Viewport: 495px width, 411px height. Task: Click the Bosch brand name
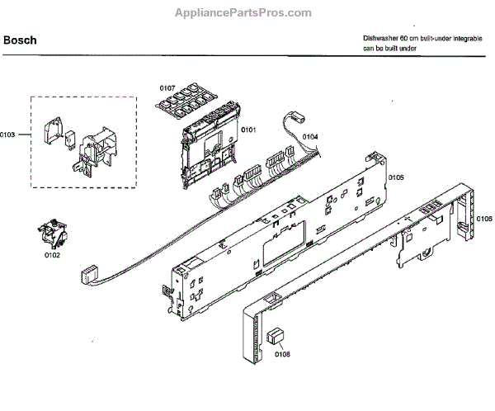click(19, 40)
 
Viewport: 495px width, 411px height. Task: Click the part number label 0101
click(248, 130)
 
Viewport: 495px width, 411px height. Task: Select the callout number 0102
click(52, 255)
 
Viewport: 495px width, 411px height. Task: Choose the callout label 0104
click(309, 136)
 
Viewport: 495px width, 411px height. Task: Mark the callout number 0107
click(168, 87)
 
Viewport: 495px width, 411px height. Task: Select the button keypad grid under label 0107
click(186, 102)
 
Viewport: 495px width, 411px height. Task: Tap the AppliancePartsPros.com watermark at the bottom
click(247, 399)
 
